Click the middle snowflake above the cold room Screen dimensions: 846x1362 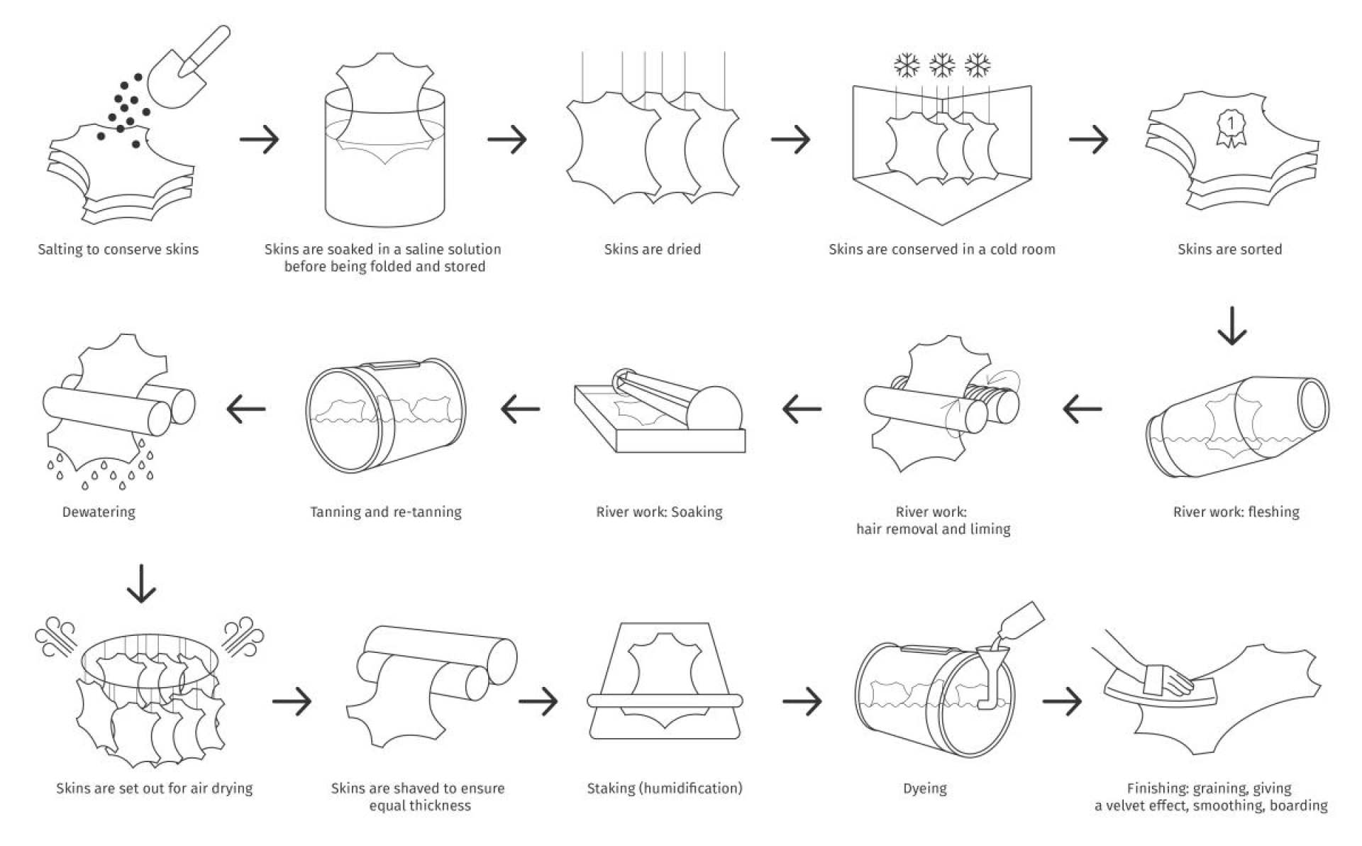point(942,66)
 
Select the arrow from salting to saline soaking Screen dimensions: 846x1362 point(260,139)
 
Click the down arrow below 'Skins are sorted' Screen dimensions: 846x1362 point(1231,326)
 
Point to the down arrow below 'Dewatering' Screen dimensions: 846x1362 point(141,583)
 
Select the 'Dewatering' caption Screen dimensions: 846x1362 point(99,512)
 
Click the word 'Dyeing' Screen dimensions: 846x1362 point(924,788)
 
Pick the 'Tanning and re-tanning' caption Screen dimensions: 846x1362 point(386,512)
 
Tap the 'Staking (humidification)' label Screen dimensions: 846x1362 point(665,788)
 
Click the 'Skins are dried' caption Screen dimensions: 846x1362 point(652,249)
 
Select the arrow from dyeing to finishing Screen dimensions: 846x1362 point(1062,701)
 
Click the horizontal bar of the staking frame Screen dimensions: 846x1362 point(665,701)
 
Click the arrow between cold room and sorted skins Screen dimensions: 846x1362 point(1088,139)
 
